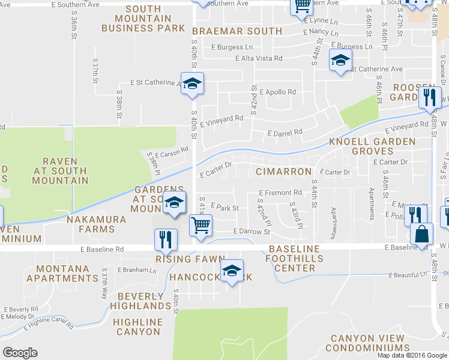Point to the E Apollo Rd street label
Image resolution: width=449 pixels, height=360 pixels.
[278, 92]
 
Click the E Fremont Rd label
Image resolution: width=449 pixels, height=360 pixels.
[280, 193]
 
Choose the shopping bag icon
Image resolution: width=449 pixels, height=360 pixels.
[423, 233]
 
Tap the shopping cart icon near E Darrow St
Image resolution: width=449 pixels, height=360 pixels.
[200, 226]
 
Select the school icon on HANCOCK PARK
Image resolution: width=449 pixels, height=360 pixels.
[232, 270]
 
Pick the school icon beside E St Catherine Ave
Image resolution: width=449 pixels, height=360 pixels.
[193, 83]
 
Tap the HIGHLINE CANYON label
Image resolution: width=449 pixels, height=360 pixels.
[137, 327]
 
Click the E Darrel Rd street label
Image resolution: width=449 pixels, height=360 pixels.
[285, 132]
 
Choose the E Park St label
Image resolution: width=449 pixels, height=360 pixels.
[225, 208]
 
